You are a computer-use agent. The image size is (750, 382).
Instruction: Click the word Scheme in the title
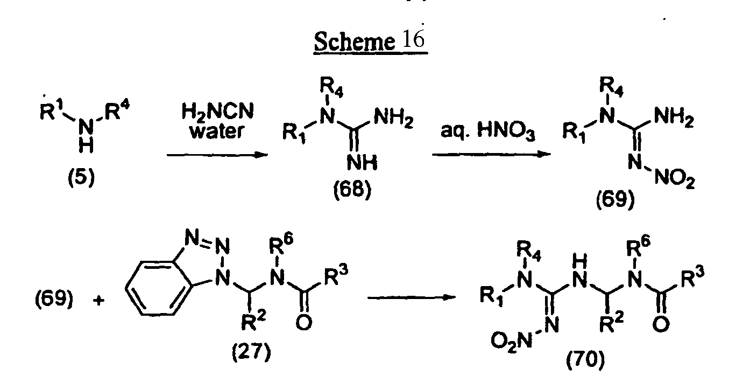click(x=354, y=41)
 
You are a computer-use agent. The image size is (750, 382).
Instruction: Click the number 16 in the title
click(x=414, y=39)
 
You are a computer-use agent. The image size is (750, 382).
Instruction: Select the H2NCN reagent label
click(x=218, y=112)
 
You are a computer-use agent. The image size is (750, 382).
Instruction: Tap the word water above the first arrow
click(x=217, y=131)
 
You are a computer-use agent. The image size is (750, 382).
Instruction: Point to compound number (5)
click(x=81, y=178)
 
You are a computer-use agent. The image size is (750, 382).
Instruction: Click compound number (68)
click(x=352, y=190)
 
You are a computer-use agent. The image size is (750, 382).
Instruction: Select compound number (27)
click(x=251, y=352)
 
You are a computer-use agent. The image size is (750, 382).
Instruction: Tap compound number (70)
click(x=585, y=360)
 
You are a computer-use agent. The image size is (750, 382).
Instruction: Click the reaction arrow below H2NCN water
click(x=217, y=155)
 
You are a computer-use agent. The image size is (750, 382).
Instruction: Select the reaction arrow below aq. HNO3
click(x=492, y=154)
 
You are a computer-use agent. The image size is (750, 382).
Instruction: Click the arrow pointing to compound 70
click(x=412, y=297)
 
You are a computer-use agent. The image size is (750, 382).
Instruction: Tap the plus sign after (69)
click(x=99, y=301)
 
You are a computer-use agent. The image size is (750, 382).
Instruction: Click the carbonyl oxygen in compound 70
click(x=661, y=325)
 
